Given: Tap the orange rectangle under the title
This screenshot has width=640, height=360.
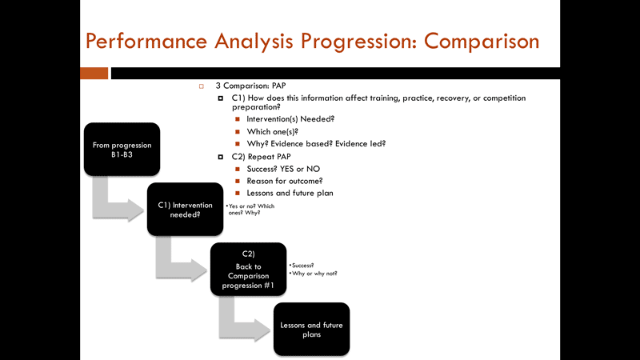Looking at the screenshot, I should tap(94, 73).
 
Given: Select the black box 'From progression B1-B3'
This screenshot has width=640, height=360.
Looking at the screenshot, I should tap(122, 150).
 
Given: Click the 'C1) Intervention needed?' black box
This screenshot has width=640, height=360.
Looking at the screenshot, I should tap(185, 210).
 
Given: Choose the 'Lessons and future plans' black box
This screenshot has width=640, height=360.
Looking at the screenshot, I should tap(311, 329).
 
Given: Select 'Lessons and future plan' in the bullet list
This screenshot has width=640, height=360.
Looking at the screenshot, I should tap(290, 193).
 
